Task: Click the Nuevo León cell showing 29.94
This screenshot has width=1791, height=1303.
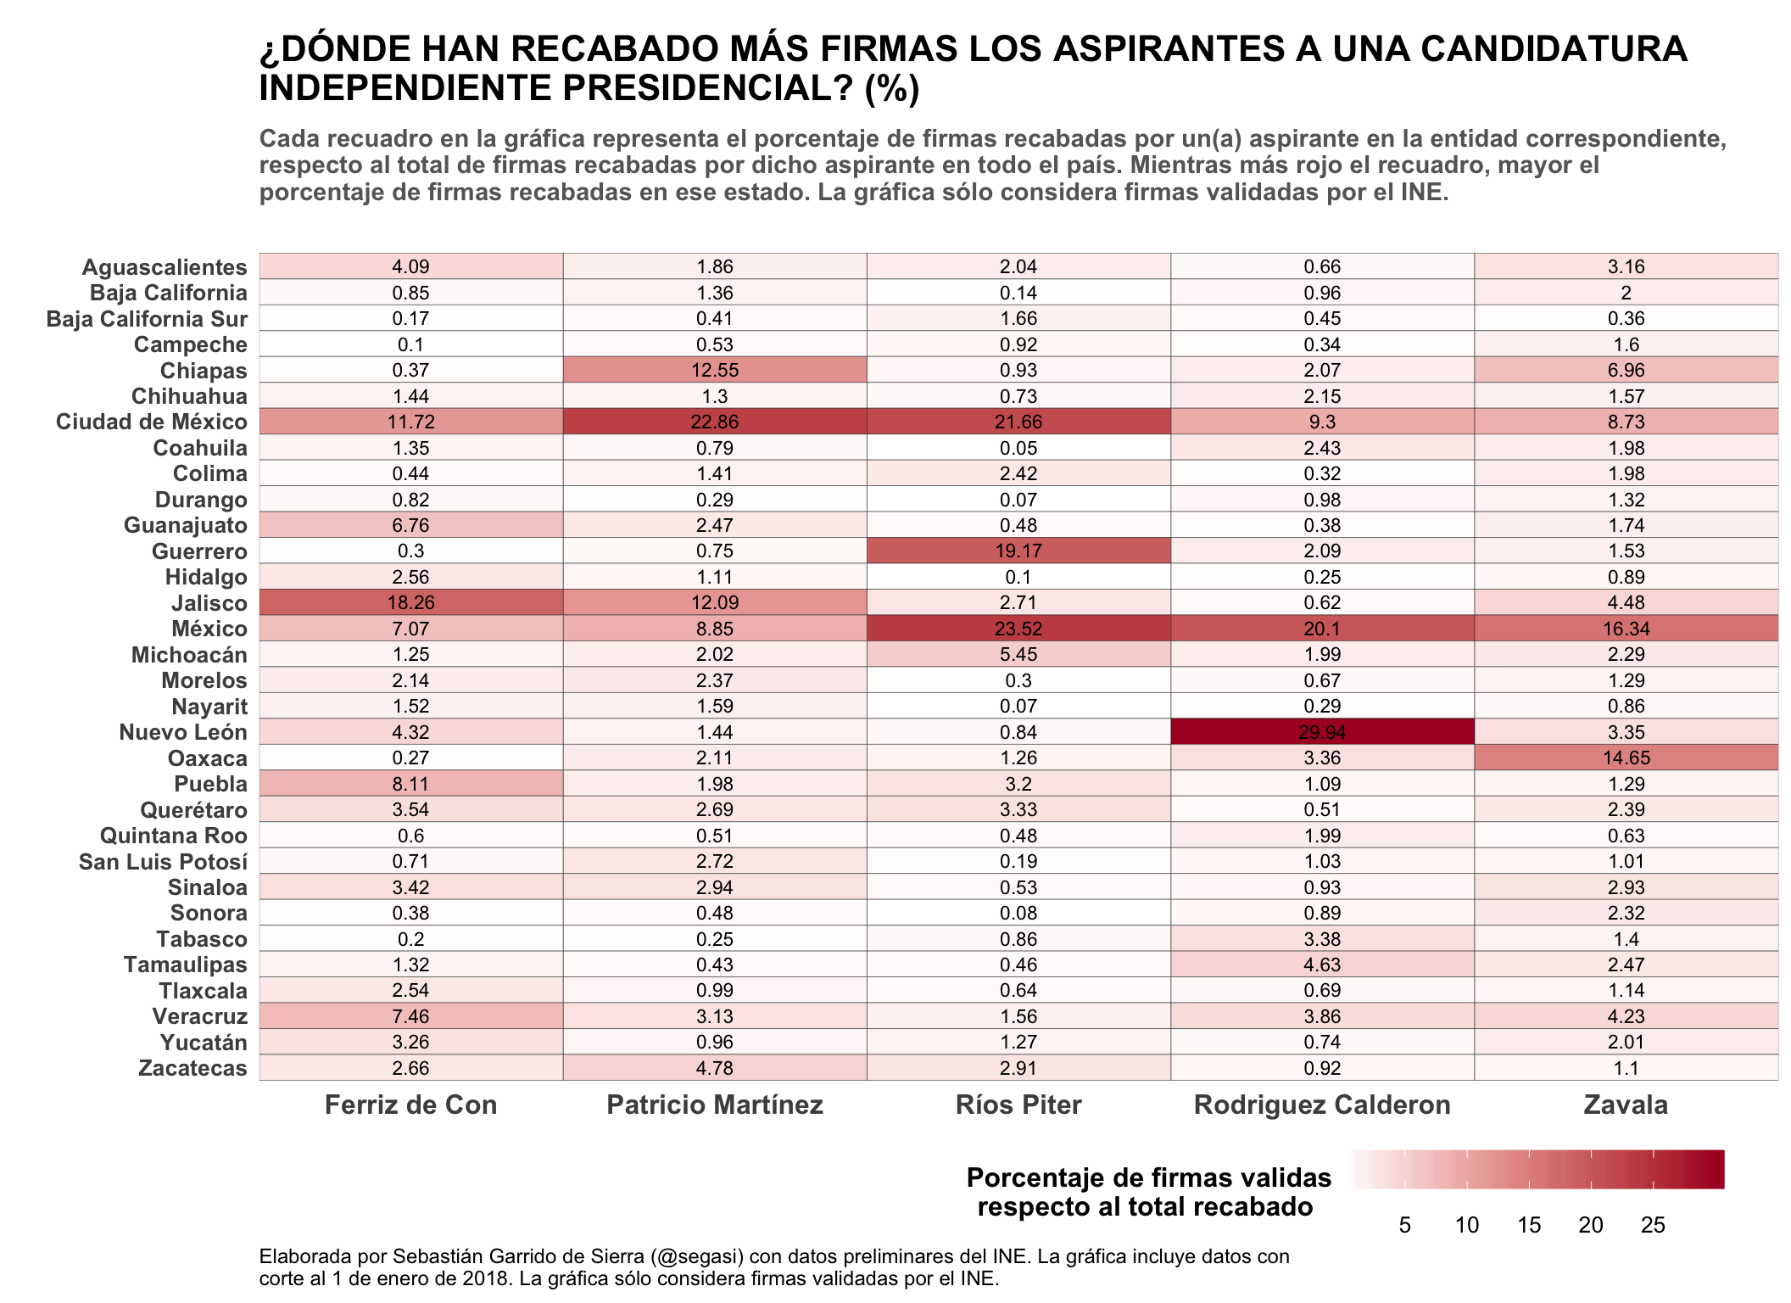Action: pyautogui.click(x=1322, y=732)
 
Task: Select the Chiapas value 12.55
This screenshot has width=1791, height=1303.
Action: pyautogui.click(x=715, y=370)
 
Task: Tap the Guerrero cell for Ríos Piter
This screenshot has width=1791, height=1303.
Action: pyautogui.click(x=1018, y=551)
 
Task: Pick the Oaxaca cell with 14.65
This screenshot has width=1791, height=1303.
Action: pyautogui.click(x=1626, y=758)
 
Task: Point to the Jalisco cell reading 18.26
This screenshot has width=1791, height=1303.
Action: pyautogui.click(x=411, y=602)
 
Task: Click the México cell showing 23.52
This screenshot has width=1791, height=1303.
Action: pyautogui.click(x=1018, y=629)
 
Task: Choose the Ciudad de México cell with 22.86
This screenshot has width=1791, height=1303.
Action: pyautogui.click(x=715, y=422)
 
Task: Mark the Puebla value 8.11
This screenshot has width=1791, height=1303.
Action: pyautogui.click(x=411, y=784)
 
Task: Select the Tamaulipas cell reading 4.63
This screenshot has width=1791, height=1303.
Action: pyautogui.click(x=1322, y=965)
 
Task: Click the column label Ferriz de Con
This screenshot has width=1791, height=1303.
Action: pyautogui.click(x=411, y=1104)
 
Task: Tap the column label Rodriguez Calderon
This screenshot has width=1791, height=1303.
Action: pyautogui.click(x=1322, y=1104)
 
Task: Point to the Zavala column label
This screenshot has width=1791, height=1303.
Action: pyautogui.click(x=1626, y=1104)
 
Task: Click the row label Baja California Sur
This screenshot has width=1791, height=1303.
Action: pyautogui.click(x=147, y=319)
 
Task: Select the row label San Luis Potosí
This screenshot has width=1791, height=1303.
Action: pyautogui.click(x=163, y=862)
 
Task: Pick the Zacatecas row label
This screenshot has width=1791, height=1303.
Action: pyautogui.click(x=192, y=1068)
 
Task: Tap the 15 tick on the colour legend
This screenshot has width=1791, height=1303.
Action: pyautogui.click(x=1529, y=1225)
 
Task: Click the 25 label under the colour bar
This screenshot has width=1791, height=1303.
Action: pyautogui.click(x=1653, y=1225)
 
